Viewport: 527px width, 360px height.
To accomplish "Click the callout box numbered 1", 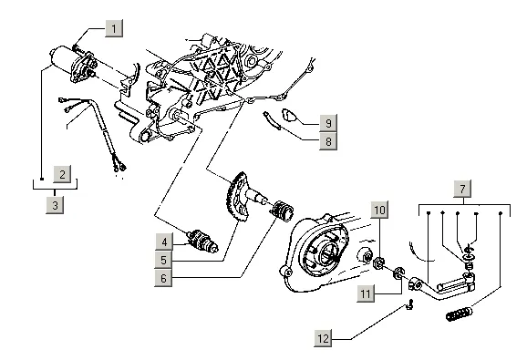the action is point(114,28).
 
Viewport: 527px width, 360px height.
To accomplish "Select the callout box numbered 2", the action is point(62,174).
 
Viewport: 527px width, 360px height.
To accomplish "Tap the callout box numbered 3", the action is point(55,204).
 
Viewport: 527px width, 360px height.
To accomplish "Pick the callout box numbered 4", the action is point(164,242).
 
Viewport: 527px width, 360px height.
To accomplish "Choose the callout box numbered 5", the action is point(163,260).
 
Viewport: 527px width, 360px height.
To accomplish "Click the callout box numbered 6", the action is point(163,278).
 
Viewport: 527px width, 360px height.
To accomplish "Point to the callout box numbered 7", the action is point(462,189).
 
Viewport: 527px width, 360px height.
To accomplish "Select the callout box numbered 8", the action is point(328,141).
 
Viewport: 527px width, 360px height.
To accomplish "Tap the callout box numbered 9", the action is point(328,123).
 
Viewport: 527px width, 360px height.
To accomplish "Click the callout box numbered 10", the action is point(379,210).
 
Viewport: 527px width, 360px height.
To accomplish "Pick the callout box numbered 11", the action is point(366,293).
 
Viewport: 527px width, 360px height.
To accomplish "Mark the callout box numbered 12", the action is point(323,338).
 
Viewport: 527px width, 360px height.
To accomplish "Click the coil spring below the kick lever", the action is point(460,314).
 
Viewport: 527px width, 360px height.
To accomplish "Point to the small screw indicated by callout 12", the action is point(409,304).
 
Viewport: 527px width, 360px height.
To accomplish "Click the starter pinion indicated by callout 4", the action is point(203,241).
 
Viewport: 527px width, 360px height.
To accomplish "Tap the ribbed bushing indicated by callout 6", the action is point(283,211).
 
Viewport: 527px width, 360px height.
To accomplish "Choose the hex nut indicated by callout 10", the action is point(378,263).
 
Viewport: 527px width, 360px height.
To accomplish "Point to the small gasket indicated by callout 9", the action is point(289,115).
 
